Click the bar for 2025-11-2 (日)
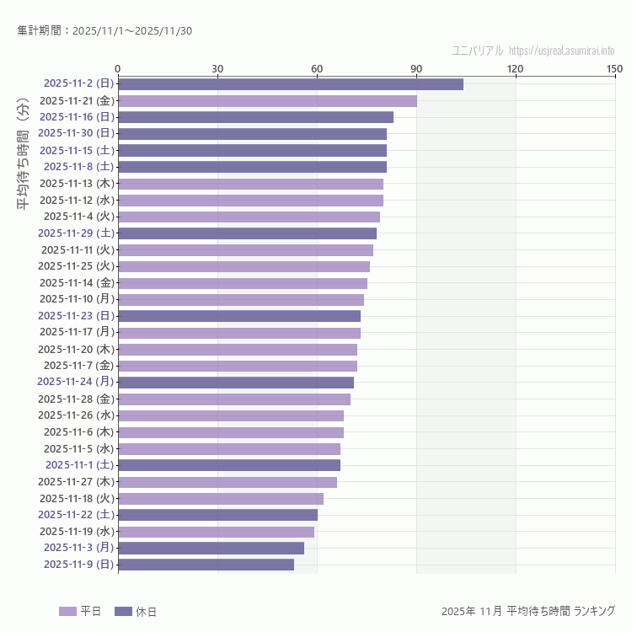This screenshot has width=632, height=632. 290,84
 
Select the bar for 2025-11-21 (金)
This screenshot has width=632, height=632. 267,101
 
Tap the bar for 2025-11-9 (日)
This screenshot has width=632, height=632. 206,565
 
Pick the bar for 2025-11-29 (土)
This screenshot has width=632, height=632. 247,233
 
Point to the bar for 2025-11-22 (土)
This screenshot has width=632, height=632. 217,515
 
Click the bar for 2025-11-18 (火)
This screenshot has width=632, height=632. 220,498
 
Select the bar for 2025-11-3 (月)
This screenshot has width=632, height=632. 211,548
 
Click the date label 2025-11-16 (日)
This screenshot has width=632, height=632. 77,117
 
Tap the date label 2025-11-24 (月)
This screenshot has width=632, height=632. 76,382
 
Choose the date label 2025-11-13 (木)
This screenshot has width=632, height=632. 77,184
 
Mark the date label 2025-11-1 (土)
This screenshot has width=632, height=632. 80,464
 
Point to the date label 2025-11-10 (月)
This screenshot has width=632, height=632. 77,299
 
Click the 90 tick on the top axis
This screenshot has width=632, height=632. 416,68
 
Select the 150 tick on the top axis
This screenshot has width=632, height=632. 614,68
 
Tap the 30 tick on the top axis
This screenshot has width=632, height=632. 217,68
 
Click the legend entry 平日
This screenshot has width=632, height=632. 80,612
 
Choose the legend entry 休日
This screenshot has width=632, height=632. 135,612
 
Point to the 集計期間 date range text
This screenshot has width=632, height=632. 104,31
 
